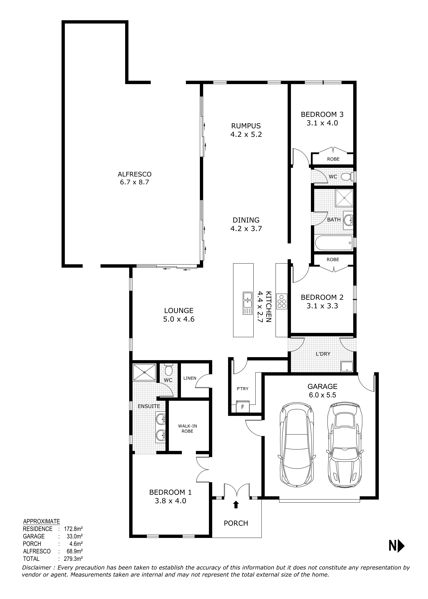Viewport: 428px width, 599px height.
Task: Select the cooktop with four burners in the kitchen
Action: pyautogui.click(x=281, y=301)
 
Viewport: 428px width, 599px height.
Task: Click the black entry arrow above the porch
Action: pyautogui.click(x=236, y=505)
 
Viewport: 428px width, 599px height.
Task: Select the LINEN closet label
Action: pyautogui.click(x=190, y=378)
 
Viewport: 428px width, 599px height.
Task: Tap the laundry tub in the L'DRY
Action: pyautogui.click(x=346, y=366)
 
